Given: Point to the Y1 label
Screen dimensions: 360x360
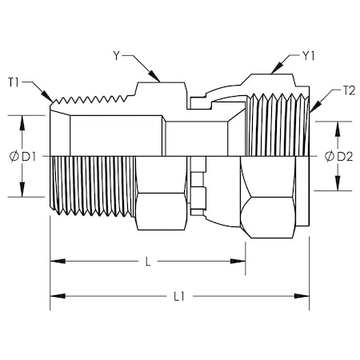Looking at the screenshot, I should tap(309, 57).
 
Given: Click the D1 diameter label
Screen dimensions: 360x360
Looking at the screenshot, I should tap(29, 156).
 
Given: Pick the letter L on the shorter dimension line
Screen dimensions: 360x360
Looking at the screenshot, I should tap(146, 261).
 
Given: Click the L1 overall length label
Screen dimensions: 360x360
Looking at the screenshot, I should tap(179, 296).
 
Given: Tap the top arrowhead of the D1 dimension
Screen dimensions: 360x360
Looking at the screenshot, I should tap(22, 118).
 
